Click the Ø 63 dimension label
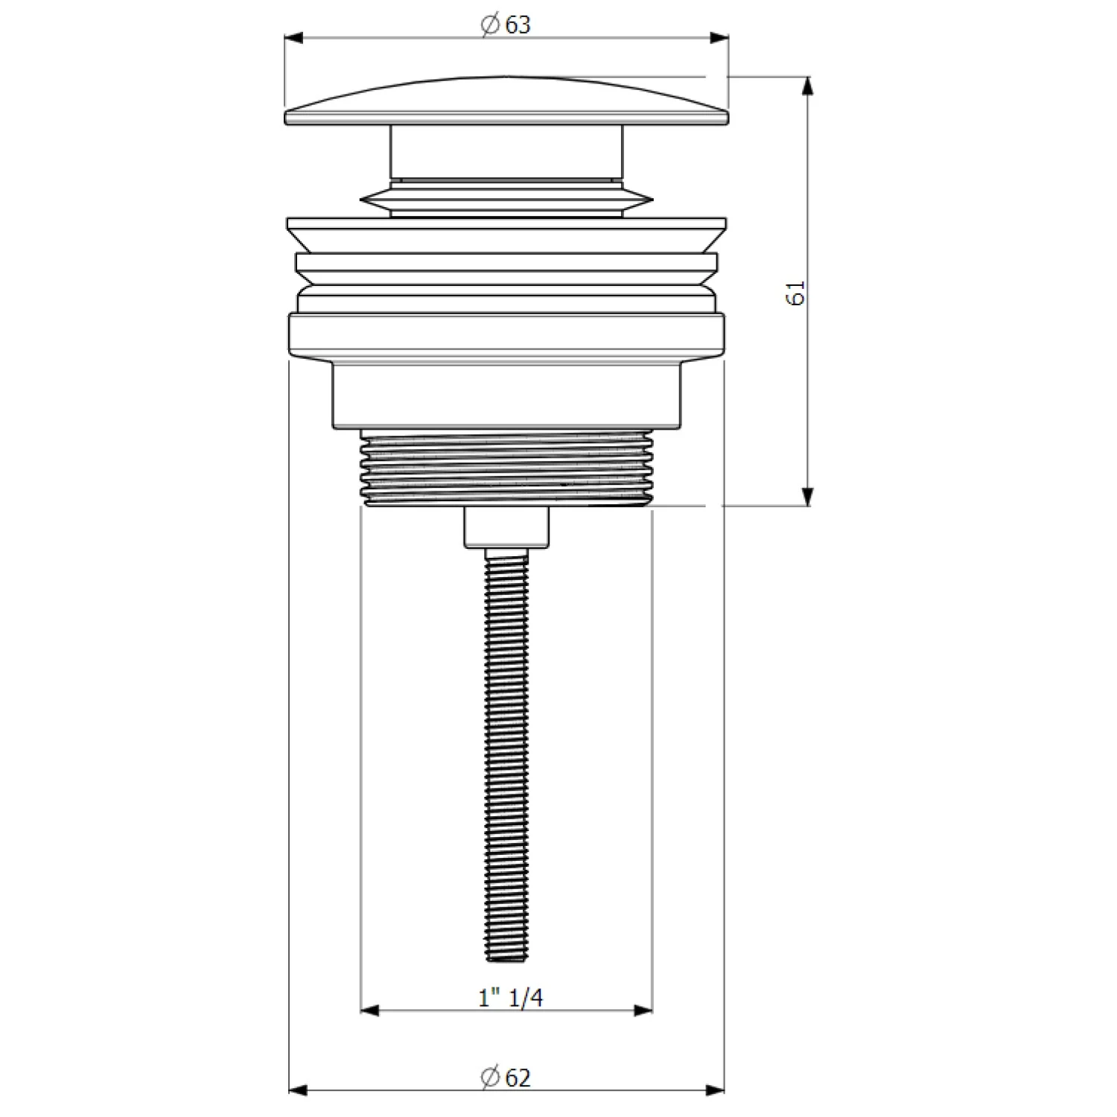[506, 25]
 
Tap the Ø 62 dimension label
[506, 1077]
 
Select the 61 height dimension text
[795, 293]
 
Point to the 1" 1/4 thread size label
[511, 997]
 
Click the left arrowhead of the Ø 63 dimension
[295, 39]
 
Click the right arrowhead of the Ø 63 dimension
[718, 39]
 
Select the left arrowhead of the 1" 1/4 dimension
[371, 1011]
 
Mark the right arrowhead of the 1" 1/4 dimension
[643, 1011]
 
